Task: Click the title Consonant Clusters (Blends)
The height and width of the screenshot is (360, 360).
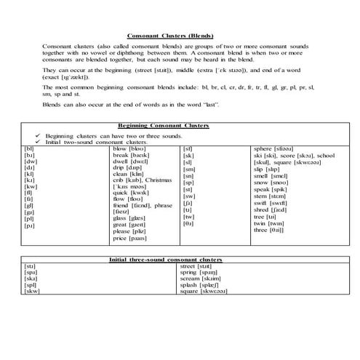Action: click(x=179, y=35)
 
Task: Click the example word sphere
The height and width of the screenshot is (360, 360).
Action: click(x=262, y=148)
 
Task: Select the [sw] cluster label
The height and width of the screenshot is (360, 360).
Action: click(x=189, y=196)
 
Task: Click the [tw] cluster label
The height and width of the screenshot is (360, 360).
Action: click(x=188, y=217)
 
